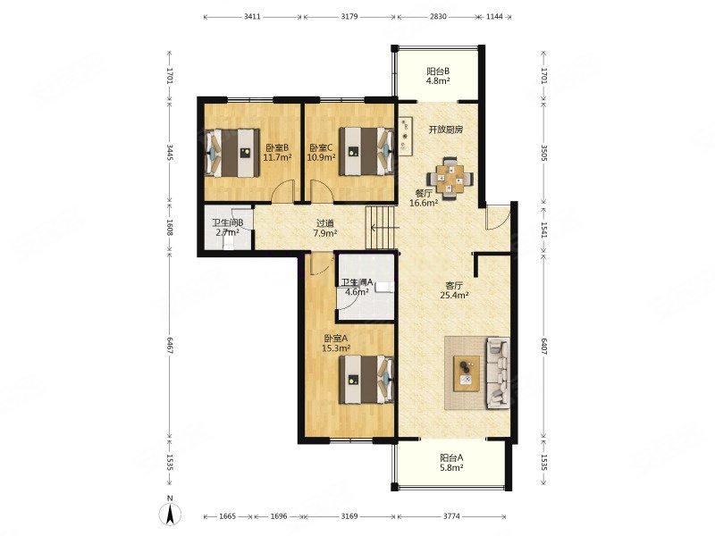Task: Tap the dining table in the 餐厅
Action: (x=450, y=178)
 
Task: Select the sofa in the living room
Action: (x=498, y=373)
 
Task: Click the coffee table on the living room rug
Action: (x=467, y=373)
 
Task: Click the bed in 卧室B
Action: (x=231, y=153)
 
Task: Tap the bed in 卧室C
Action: (x=366, y=151)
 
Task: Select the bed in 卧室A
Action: (x=366, y=379)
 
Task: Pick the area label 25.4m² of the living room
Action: (x=454, y=296)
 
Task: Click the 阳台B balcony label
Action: (x=438, y=71)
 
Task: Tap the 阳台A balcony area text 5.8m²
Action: (x=452, y=467)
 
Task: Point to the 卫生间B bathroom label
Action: (x=228, y=223)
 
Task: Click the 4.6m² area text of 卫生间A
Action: (x=357, y=292)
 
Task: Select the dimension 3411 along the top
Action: (x=252, y=17)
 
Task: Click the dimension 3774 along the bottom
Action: (x=451, y=516)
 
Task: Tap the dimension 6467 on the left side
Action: (x=169, y=346)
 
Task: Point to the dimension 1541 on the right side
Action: (x=543, y=230)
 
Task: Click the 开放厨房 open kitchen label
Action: (x=445, y=130)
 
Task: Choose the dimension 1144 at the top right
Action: (x=494, y=17)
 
